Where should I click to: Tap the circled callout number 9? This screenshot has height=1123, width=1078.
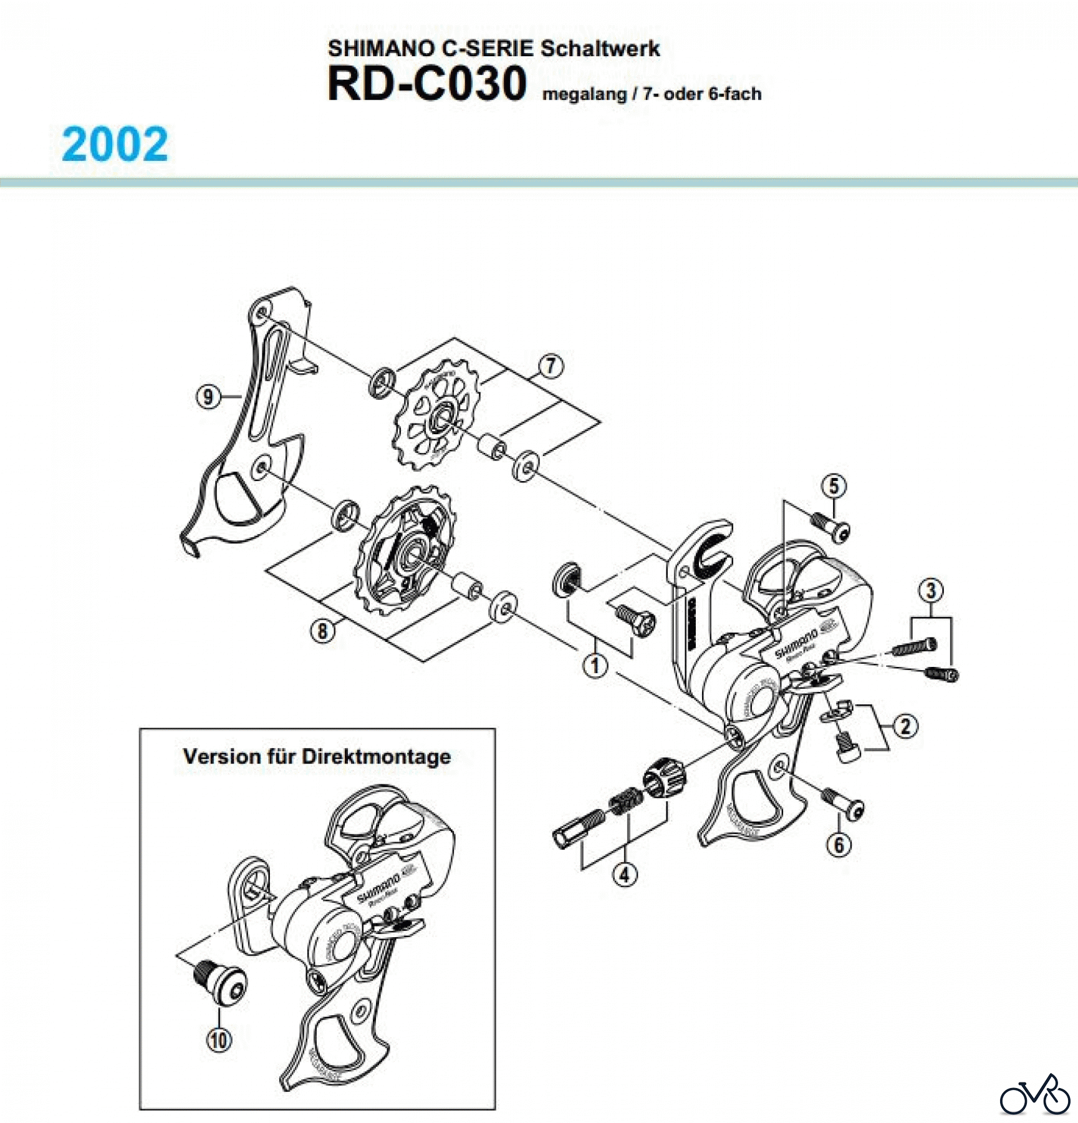(208, 397)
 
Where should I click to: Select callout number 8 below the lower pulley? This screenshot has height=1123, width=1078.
(322, 631)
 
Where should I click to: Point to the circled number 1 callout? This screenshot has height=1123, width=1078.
(595, 665)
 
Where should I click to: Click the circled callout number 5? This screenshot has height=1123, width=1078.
(834, 486)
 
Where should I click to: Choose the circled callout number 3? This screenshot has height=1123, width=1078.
(931, 590)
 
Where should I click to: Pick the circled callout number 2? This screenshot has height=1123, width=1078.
(905, 726)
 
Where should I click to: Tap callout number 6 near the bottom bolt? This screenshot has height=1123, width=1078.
(839, 845)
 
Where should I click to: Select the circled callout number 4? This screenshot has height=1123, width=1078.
(625, 875)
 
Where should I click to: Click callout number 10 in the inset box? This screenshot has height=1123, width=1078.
(219, 1040)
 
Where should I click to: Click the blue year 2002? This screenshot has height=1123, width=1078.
(115, 145)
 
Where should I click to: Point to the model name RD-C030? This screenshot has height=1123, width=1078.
(427, 84)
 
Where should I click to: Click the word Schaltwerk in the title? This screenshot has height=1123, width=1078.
(600, 49)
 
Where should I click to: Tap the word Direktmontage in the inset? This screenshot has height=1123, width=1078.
(376, 757)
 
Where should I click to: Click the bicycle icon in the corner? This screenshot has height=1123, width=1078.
(1034, 1095)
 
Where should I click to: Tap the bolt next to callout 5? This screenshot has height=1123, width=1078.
(832, 526)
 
